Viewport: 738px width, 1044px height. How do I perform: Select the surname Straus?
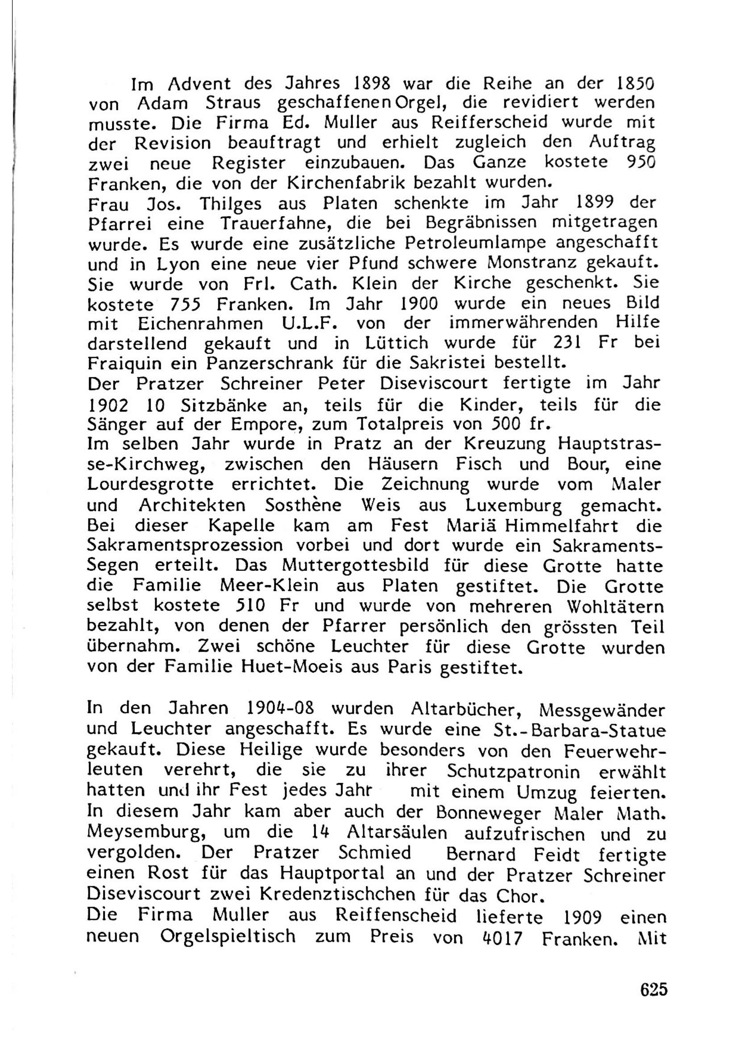click(233, 104)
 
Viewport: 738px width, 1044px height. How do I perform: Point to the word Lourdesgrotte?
click(150, 484)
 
